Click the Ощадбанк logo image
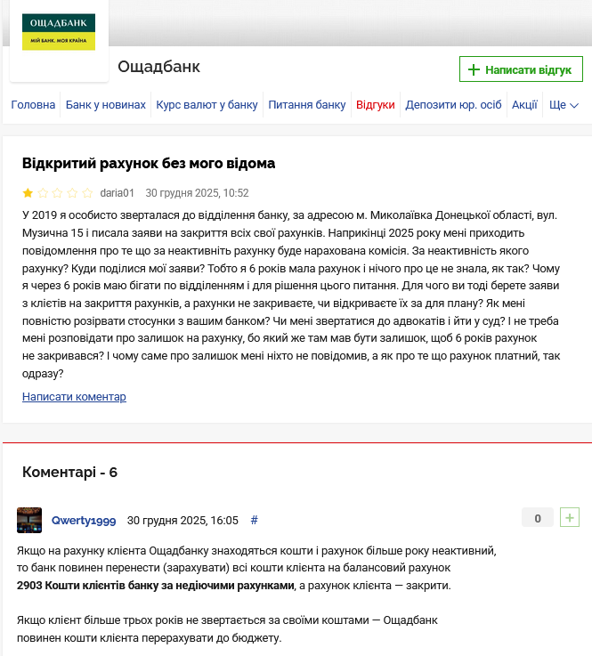pyautogui.click(x=59, y=32)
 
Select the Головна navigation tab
pyautogui.click(x=33, y=105)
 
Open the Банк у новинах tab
pyautogui.click(x=105, y=105)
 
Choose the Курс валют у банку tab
pyautogui.click(x=207, y=105)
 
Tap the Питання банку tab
pyautogui.click(x=307, y=105)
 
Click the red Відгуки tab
pyautogui.click(x=376, y=105)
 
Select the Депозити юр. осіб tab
pyautogui.click(x=453, y=105)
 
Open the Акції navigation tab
pyautogui.click(x=524, y=105)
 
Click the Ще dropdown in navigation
pyautogui.click(x=564, y=105)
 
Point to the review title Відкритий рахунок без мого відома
pyautogui.click(x=149, y=164)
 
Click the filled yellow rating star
pyautogui.click(x=28, y=192)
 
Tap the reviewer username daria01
pyautogui.click(x=118, y=192)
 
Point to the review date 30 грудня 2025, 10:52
pyautogui.click(x=197, y=192)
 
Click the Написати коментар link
pyautogui.click(x=74, y=397)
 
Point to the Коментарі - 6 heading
pyautogui.click(x=69, y=473)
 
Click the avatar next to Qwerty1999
pyautogui.click(x=29, y=520)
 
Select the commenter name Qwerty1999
pyautogui.click(x=84, y=520)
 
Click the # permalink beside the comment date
pyautogui.click(x=255, y=520)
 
